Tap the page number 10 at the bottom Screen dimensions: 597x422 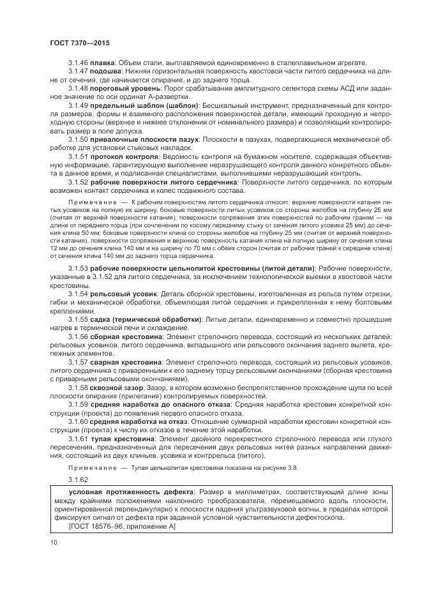(54, 543)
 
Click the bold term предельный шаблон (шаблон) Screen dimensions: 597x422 (144, 105)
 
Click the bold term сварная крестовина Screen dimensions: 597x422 (126, 361)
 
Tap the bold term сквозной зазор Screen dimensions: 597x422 (119, 388)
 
